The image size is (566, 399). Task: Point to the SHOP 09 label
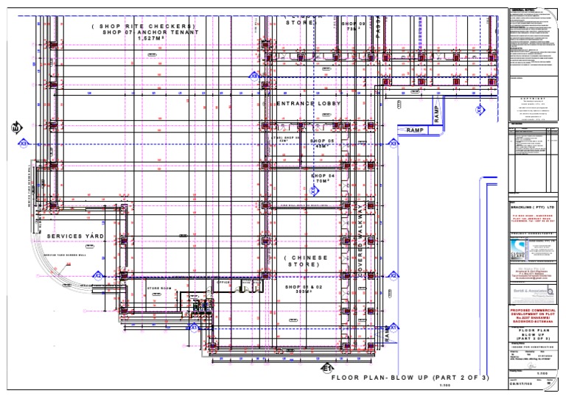coord(353,24)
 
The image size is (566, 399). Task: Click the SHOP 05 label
coord(322,140)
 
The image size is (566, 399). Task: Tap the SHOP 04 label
coord(322,177)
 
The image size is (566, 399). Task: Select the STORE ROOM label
coord(158,288)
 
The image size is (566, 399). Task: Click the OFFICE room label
coord(224,281)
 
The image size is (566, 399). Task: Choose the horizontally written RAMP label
coord(416,130)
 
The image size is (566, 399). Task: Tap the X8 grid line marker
coord(254,75)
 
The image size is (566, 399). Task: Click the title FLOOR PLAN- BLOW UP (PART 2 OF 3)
coord(410,378)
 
